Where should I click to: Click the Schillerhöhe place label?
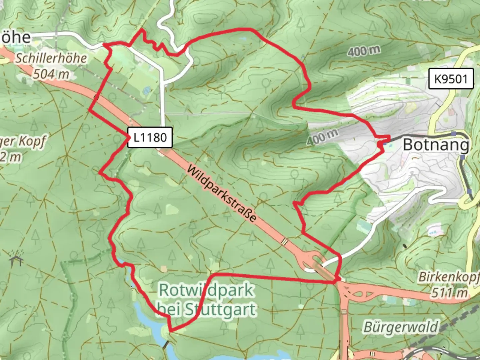pyautogui.click(x=51, y=58)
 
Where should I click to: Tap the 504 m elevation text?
pyautogui.click(x=51, y=74)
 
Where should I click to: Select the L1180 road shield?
pyautogui.click(x=150, y=137)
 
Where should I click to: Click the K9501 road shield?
pyautogui.click(x=451, y=79)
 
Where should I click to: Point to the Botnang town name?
pyautogui.click(x=436, y=145)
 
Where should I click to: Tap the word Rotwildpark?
pyautogui.click(x=206, y=290)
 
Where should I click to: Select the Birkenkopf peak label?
pyautogui.click(x=448, y=277)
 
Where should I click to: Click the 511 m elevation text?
pyautogui.click(x=449, y=293)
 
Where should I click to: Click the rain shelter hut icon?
pyautogui.click(x=16, y=258)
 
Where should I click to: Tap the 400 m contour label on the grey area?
pyautogui.click(x=322, y=137)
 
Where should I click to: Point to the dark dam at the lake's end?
pyautogui.click(x=164, y=345)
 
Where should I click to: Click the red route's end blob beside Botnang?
pyautogui.click(x=381, y=144)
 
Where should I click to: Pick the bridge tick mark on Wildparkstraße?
pyautogui.click(x=284, y=241)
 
